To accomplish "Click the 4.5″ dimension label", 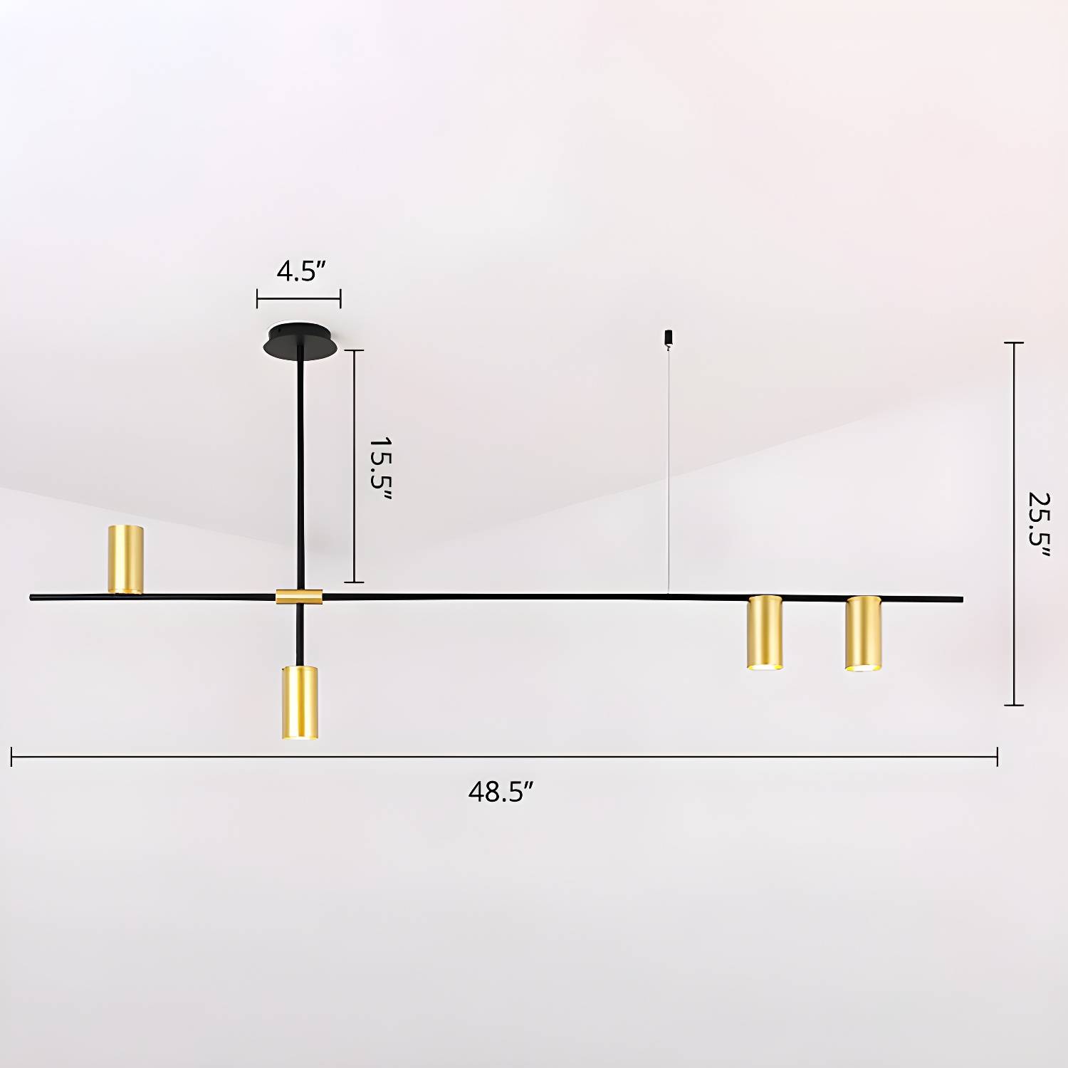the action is [x=301, y=271].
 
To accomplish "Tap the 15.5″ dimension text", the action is [x=380, y=468].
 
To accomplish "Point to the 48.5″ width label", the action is [x=501, y=792].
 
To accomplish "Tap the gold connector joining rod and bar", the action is [x=299, y=597].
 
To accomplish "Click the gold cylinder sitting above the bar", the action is [x=126, y=560].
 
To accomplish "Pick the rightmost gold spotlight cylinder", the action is [x=863, y=633].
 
